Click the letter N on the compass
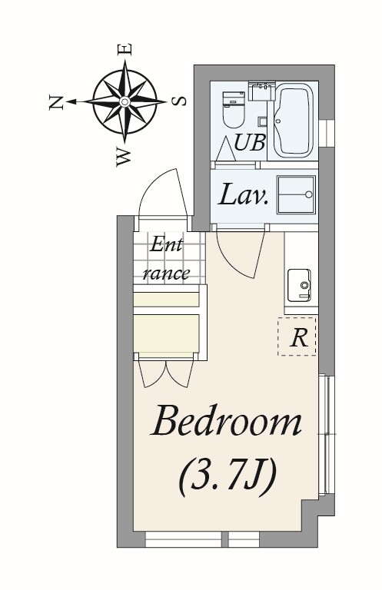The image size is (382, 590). point(56,102)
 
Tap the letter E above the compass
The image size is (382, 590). point(125,50)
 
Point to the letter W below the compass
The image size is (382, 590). point(124,157)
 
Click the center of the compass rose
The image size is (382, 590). point(125,101)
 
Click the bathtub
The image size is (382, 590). point(293,120)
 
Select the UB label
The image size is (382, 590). point(250,142)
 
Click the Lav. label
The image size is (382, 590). point(243,194)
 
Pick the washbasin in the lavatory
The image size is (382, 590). point(296,194)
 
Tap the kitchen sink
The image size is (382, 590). point(299,285)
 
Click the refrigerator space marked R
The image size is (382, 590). point(297,336)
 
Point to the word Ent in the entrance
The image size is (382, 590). point(166,245)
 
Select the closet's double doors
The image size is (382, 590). point(166,373)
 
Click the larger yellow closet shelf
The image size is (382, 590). point(166,333)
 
